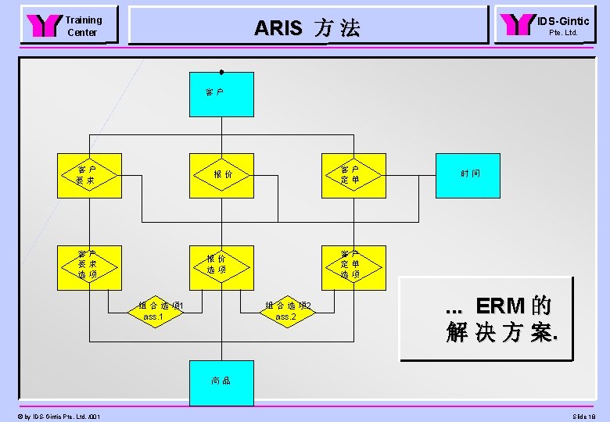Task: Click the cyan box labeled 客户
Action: [221, 94]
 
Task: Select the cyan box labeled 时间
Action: [470, 175]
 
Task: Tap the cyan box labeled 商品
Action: [221, 382]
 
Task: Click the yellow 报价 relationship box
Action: [221, 175]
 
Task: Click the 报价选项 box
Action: [221, 265]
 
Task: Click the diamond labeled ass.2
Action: [286, 311]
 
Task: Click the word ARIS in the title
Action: [278, 29]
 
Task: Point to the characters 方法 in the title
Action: [338, 29]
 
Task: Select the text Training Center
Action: [83, 27]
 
